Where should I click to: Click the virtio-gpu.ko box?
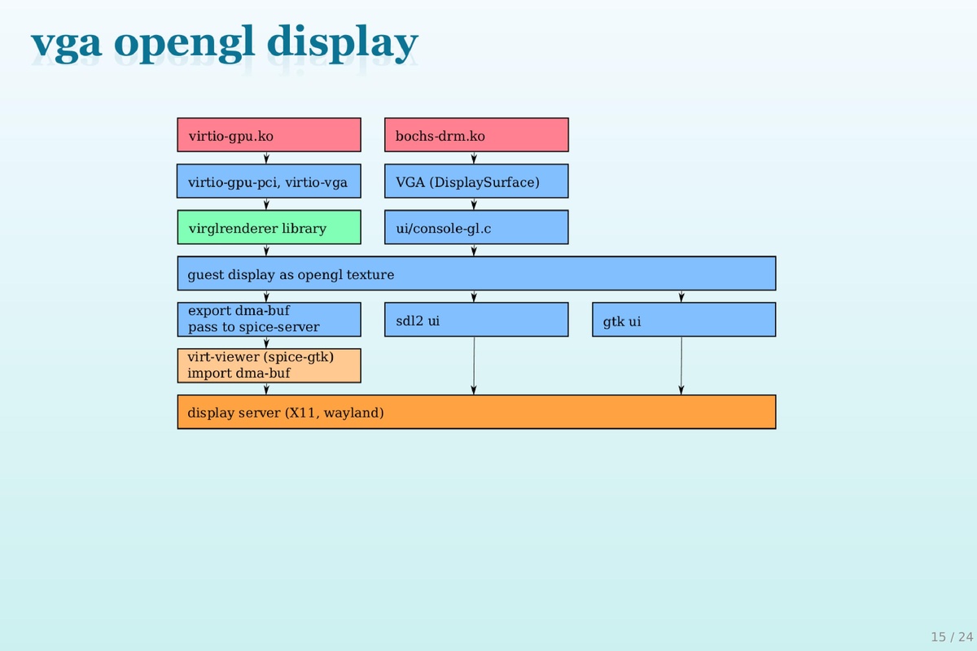[x=269, y=135]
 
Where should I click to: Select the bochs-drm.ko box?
[x=476, y=135]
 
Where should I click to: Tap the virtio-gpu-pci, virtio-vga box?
[x=269, y=181]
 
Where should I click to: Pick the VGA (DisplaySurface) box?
[x=476, y=181]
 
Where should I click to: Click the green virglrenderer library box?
[x=269, y=228]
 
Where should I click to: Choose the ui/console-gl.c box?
[x=476, y=228]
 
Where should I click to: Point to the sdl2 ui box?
[x=476, y=320]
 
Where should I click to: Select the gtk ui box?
[x=684, y=320]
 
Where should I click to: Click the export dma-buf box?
[x=269, y=320]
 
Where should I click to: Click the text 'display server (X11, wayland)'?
[x=285, y=413]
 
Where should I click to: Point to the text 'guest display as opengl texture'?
[x=291, y=274]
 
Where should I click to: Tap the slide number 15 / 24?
[x=952, y=636]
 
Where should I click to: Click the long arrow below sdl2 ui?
[x=475, y=365]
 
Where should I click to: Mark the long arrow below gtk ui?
[x=681, y=365]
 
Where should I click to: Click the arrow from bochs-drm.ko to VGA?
[x=475, y=158]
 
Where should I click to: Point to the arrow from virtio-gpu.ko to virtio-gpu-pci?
[x=266, y=158]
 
